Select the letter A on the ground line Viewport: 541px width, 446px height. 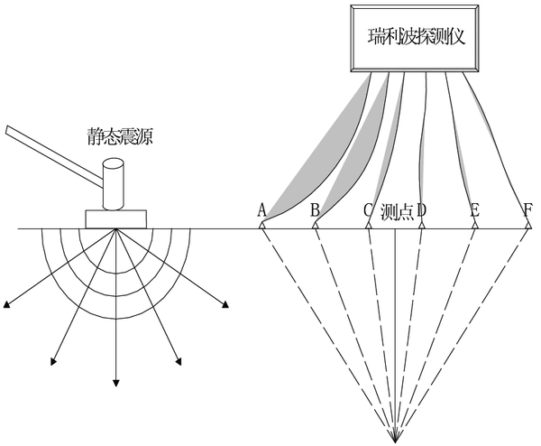coord(261,210)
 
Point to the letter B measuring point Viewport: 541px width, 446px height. coord(315,210)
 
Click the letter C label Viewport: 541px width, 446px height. coord(368,211)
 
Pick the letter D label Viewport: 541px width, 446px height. coord(421,211)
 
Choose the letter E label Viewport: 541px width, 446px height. coord(474,210)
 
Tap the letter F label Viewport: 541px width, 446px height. coord(527,210)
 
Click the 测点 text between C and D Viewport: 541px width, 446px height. coord(395,211)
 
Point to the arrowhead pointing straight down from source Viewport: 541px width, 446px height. coord(115,383)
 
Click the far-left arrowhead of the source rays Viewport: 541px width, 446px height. coord(7,310)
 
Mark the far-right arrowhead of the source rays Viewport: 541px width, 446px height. coord(224,310)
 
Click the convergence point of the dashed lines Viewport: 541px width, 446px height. coord(395,441)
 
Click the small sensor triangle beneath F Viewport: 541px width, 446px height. coord(527,226)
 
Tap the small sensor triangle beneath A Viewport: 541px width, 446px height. coord(261,226)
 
